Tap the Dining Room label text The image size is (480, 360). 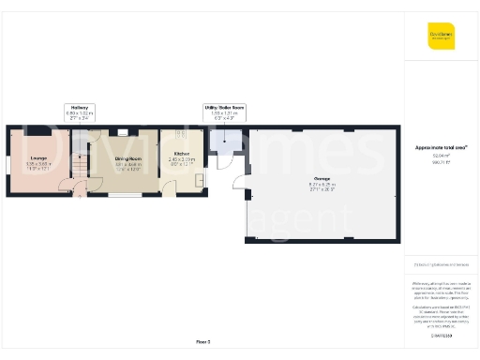127,159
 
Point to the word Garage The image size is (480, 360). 321,178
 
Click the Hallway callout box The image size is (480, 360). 79,112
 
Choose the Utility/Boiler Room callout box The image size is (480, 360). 225,112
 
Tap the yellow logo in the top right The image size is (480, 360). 441,36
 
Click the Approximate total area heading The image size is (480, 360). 441,147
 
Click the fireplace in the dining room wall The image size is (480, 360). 123,132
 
